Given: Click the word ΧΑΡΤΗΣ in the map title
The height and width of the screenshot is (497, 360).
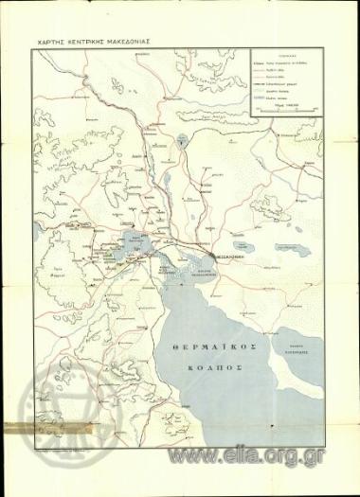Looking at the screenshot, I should pyautogui.click(x=54, y=42).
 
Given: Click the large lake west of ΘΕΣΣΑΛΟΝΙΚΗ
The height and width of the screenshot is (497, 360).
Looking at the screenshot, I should pyautogui.click(x=138, y=238).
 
